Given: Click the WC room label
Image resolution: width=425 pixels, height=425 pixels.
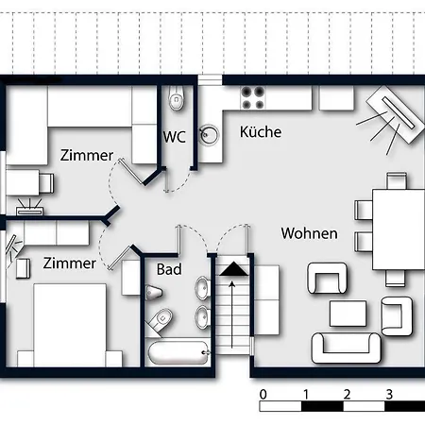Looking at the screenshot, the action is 175,137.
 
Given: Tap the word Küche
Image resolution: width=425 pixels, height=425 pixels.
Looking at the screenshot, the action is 261,131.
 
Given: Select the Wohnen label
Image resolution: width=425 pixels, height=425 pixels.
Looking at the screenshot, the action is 309,233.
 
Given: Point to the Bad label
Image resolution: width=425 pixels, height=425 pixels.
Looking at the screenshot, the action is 169,269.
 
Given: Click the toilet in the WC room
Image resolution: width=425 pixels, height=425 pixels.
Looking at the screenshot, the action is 177,98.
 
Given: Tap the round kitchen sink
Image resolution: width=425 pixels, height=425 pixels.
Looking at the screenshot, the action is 209,135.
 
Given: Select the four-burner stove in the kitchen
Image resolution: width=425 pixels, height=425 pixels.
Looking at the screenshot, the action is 252,98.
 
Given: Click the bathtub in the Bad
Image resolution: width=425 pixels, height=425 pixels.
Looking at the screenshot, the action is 178,352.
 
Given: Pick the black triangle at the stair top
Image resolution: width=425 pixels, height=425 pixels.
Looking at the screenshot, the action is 233,269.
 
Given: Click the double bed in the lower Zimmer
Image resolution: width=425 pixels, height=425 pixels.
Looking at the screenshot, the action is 70,325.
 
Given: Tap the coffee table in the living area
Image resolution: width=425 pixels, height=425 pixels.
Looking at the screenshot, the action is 348,314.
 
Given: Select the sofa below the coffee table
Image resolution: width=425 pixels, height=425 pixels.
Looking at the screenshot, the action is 347,348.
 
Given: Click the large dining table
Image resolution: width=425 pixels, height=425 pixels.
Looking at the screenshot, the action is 399,229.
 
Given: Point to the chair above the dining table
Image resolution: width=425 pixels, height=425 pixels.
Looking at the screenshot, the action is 397,180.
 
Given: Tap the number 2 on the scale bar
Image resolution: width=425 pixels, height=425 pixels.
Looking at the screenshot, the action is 347,394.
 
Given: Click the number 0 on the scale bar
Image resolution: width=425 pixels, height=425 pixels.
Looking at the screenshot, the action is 263,394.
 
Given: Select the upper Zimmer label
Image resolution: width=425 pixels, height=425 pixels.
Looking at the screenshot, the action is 87,155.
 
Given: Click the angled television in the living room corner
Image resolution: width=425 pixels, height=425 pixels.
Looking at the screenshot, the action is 396,114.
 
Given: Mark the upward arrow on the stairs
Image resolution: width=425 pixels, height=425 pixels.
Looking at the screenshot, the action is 232,314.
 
